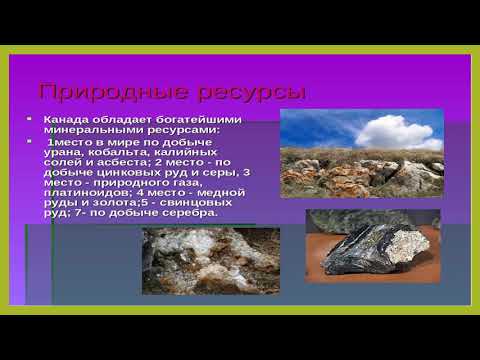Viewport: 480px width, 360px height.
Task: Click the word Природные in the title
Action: click(x=96, y=95)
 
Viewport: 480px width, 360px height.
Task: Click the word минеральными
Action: click(x=88, y=130)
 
